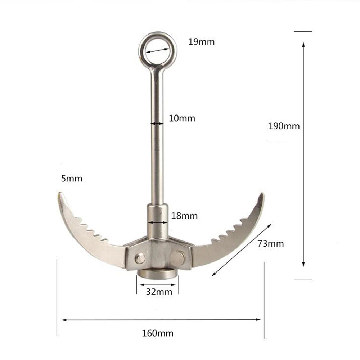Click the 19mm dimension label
[x=201, y=42]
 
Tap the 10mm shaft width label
[x=182, y=118]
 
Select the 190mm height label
[x=284, y=126]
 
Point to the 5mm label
[x=72, y=179]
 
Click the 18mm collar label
[x=184, y=216]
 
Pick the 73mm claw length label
[x=271, y=244]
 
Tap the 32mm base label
[x=159, y=292]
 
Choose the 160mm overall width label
[x=158, y=333]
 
